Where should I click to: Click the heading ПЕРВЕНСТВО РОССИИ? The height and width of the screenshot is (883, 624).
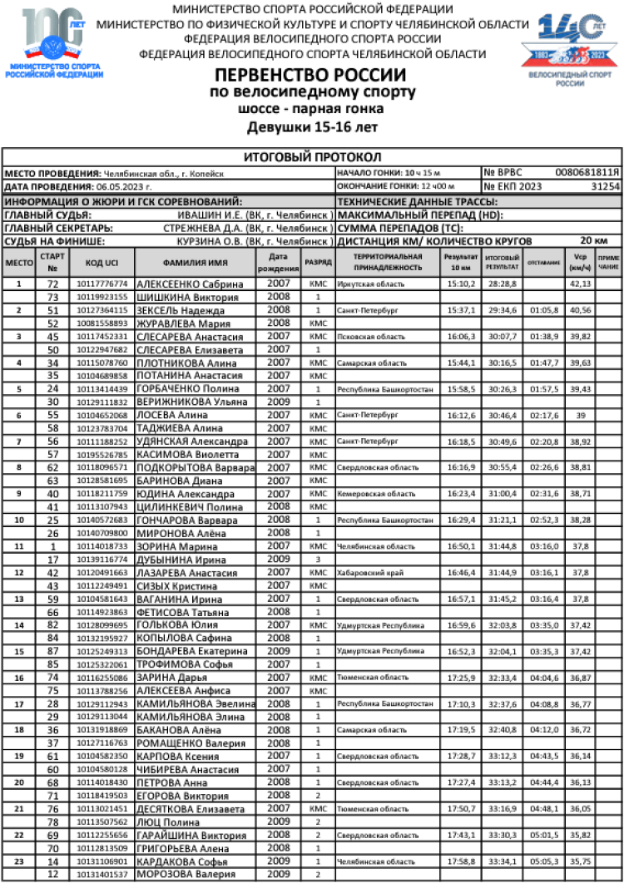click(x=311, y=76)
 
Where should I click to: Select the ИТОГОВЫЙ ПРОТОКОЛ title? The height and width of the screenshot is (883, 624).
click(x=312, y=156)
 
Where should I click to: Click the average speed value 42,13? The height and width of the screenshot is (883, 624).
click(x=579, y=284)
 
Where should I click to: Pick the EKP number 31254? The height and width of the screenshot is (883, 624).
click(x=604, y=187)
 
